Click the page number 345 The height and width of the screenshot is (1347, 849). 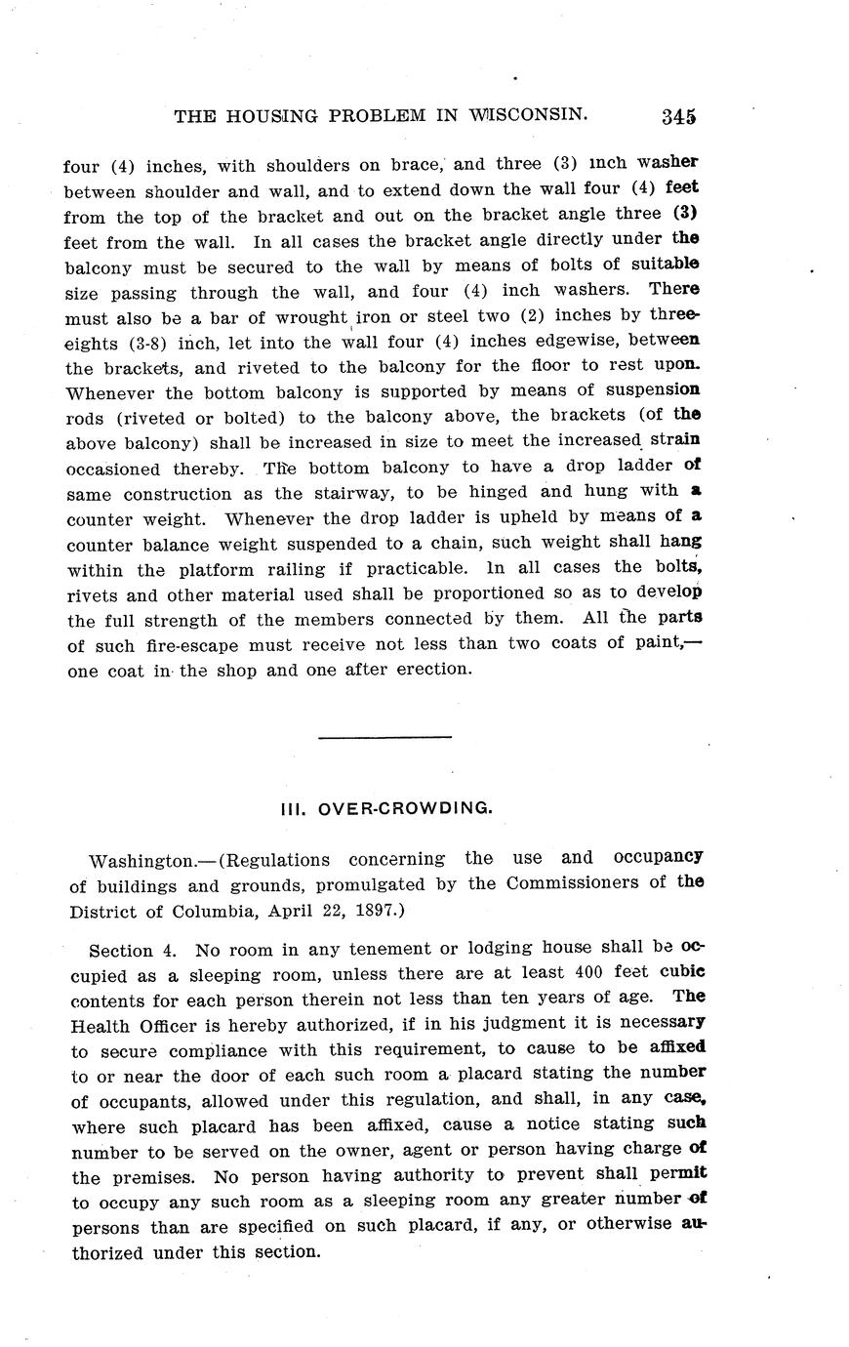coord(678,116)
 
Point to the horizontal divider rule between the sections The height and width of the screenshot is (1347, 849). coord(384,736)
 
